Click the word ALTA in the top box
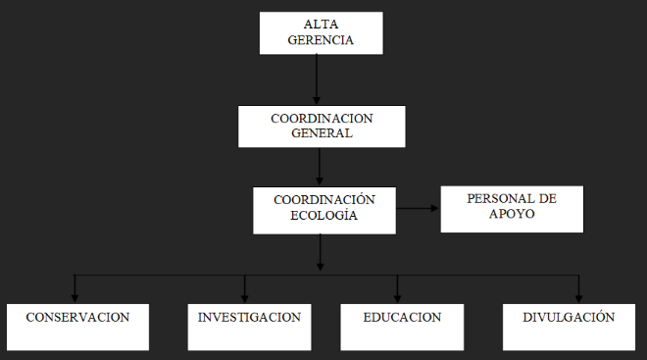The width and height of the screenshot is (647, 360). tap(320, 25)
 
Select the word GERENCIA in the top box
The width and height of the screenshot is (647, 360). tap(320, 40)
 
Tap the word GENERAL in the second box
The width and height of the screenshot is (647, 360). tap(322, 133)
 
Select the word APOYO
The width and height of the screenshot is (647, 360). tap(512, 213)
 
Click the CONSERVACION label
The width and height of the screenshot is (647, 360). tap(77, 317)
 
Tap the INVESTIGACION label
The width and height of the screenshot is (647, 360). tap(249, 317)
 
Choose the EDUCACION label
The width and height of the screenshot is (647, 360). tap(402, 317)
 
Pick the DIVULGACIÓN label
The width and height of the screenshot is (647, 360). tap(569, 317)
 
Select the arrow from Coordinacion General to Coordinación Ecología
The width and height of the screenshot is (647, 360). tap(318, 167)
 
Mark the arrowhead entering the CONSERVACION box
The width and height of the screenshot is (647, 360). tap(75, 297)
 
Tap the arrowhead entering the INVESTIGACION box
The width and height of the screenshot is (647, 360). tap(244, 297)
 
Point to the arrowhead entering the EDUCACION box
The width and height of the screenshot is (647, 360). tap(397, 297)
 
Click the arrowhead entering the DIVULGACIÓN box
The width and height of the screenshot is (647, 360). tap(578, 297)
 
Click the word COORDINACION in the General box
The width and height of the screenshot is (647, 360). tap(322, 119)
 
